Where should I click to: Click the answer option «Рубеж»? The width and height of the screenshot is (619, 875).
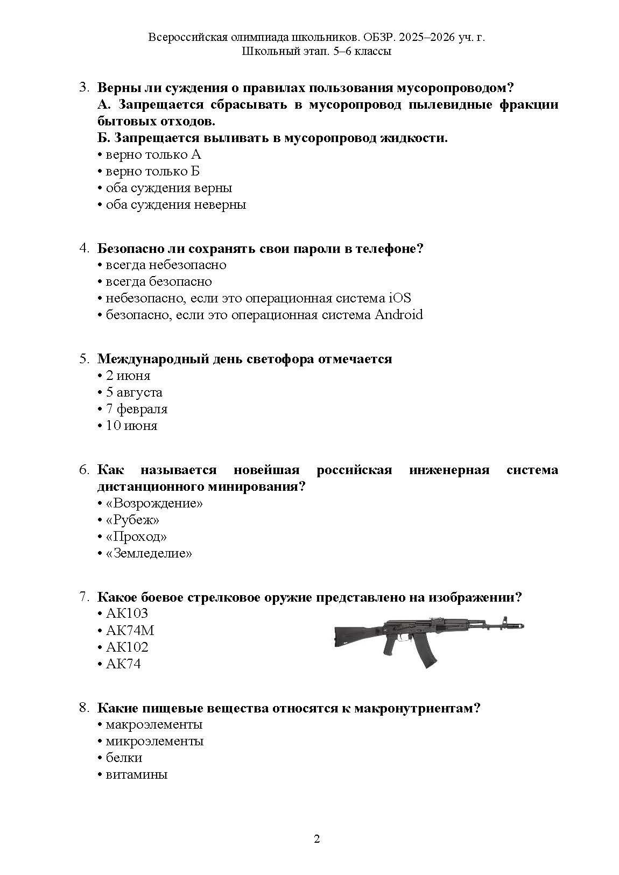click(x=132, y=520)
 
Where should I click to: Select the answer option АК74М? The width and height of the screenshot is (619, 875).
click(x=130, y=630)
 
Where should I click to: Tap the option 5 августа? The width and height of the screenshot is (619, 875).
click(x=134, y=392)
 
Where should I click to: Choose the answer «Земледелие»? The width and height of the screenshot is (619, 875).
click(x=149, y=553)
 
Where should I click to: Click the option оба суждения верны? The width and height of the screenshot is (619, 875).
click(x=168, y=188)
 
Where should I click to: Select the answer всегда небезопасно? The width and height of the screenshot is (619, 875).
click(x=166, y=265)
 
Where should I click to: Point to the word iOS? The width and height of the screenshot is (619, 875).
click(x=399, y=298)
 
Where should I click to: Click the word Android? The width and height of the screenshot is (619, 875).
click(x=398, y=315)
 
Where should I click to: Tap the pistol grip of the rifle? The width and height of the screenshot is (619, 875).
click(x=390, y=646)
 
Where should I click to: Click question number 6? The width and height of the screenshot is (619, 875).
click(x=85, y=470)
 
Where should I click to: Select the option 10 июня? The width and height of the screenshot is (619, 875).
click(x=131, y=426)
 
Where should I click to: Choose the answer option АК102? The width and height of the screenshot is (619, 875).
click(x=126, y=647)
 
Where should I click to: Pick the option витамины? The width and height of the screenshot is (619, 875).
click(x=136, y=774)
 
